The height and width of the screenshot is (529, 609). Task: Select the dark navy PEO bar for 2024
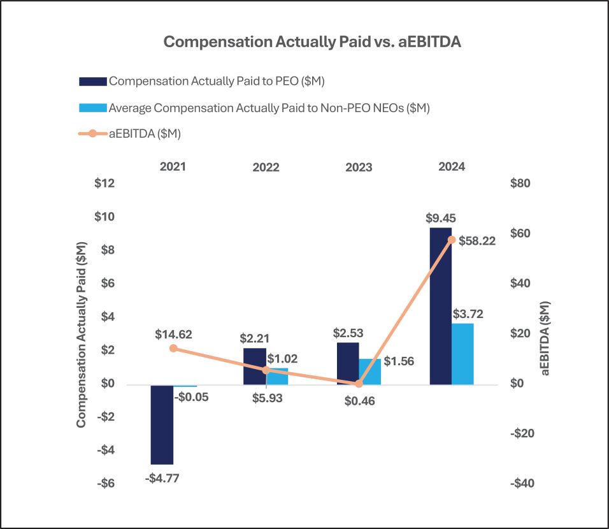(x=440, y=306)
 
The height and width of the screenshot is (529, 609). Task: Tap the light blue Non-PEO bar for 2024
(x=462, y=354)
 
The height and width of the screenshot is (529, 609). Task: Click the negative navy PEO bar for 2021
(x=162, y=424)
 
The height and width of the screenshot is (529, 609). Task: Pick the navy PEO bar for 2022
(x=254, y=366)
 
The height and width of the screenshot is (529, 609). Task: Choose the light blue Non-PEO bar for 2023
(x=369, y=372)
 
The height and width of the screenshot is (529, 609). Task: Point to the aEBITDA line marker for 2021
(x=173, y=348)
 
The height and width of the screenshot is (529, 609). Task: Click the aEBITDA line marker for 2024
(x=452, y=240)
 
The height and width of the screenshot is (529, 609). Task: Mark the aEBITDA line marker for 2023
(x=359, y=384)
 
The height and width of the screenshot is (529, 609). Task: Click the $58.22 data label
(x=476, y=241)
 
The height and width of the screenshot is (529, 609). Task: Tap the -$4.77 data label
(x=162, y=477)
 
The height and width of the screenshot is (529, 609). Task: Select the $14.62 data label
(x=173, y=333)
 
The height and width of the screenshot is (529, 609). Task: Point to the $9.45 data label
(x=441, y=217)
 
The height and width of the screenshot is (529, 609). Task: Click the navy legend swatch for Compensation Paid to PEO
(x=93, y=82)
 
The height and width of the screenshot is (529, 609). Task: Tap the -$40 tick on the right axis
(x=523, y=484)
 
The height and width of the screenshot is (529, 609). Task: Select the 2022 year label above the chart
(x=266, y=168)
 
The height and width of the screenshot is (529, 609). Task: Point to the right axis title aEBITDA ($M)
(x=547, y=337)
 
